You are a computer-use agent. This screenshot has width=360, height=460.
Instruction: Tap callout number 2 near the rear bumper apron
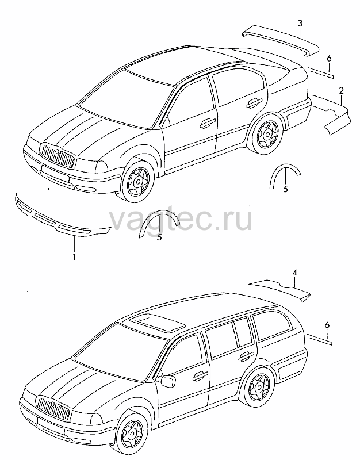341,91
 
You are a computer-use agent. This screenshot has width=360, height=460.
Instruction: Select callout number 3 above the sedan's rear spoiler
300,23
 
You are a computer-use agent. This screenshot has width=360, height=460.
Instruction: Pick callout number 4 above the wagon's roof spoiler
294,273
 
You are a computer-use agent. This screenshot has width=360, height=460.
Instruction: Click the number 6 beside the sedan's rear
329,59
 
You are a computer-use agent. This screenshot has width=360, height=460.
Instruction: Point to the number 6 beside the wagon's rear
327,325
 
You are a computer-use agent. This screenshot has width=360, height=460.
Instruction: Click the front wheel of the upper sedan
137,181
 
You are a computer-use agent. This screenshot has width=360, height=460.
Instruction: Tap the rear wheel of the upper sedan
267,134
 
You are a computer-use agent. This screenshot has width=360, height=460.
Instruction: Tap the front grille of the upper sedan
57,155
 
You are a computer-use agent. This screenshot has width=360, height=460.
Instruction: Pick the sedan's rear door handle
254,102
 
